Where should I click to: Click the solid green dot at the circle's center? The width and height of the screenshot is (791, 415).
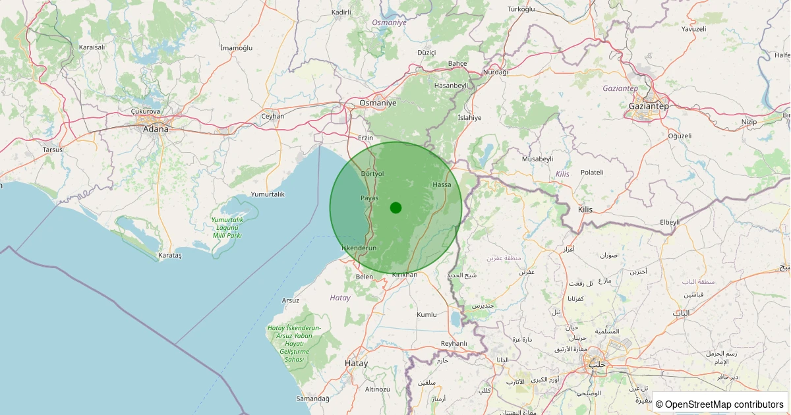(395, 207)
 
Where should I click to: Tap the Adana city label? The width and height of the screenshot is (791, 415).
(156, 129)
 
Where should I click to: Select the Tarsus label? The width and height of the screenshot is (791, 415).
(52, 150)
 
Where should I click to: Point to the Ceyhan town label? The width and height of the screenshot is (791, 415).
(272, 116)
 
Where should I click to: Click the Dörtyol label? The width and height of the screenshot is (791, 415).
(372, 173)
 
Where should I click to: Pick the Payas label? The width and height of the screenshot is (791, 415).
(369, 198)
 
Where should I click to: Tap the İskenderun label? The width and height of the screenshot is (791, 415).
(359, 248)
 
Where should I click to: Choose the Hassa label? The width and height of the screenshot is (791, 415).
(442, 184)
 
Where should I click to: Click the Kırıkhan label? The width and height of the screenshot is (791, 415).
(405, 274)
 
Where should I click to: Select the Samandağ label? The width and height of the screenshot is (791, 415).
(313, 399)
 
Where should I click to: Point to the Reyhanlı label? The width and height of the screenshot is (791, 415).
(454, 343)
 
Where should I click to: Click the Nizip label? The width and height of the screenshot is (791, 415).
(749, 122)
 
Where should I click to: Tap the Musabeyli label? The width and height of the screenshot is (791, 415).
(537, 159)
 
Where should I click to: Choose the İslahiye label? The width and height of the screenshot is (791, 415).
(469, 117)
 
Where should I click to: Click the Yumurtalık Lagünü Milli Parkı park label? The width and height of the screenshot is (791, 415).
(227, 227)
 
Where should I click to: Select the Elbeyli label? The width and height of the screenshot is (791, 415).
(669, 222)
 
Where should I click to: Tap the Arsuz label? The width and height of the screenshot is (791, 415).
(290, 300)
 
